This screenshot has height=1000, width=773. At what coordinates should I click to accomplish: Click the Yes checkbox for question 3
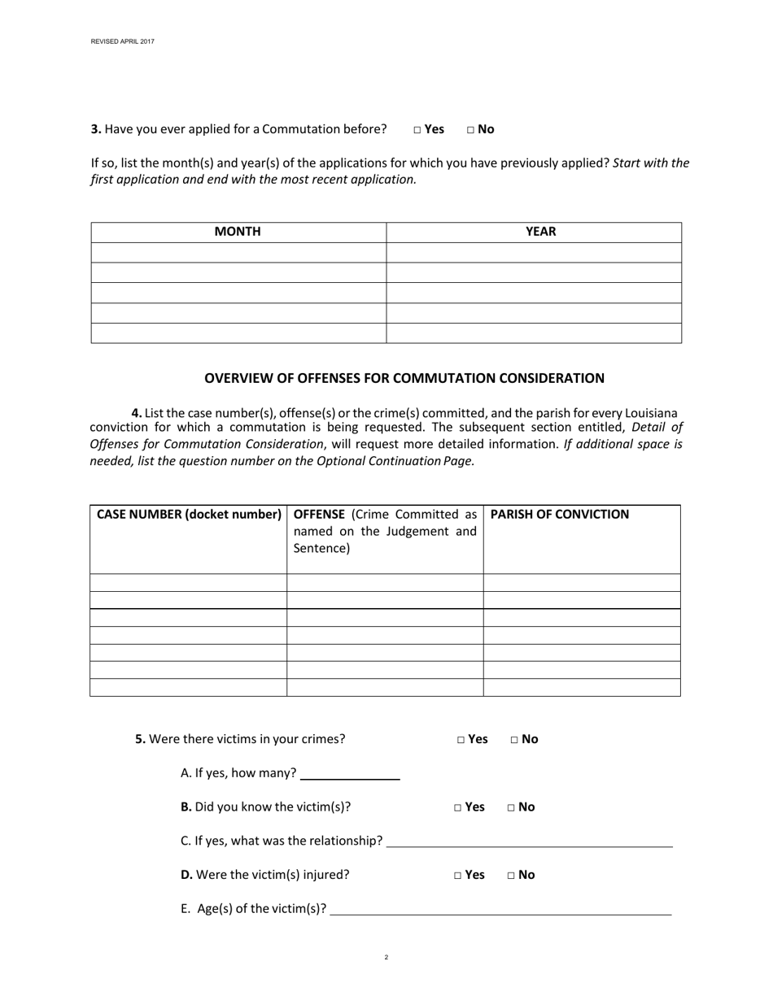point(417,129)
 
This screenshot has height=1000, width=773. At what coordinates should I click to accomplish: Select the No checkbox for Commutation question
point(471,129)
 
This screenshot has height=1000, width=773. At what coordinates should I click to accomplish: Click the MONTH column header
point(238,232)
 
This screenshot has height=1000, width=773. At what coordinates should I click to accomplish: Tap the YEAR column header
point(540,232)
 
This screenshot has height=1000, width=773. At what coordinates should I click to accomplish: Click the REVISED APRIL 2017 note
point(122,41)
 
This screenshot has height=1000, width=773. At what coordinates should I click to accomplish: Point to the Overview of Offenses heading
point(404,378)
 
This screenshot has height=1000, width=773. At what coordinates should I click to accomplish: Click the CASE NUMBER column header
point(189,515)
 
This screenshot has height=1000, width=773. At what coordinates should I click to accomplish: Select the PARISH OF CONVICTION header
point(560,515)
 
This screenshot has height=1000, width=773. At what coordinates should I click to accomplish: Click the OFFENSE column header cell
point(385,531)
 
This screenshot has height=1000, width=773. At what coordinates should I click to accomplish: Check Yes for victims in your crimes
point(461,740)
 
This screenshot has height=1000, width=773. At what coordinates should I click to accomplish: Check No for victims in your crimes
point(515,740)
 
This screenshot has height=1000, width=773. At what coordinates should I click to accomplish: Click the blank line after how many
point(350,773)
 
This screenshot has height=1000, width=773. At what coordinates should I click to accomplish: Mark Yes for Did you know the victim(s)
point(458,807)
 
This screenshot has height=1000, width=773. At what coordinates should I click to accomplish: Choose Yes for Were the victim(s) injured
point(458,876)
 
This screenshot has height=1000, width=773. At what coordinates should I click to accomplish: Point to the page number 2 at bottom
point(386,958)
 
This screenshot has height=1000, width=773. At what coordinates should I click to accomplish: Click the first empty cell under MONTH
point(238,252)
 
